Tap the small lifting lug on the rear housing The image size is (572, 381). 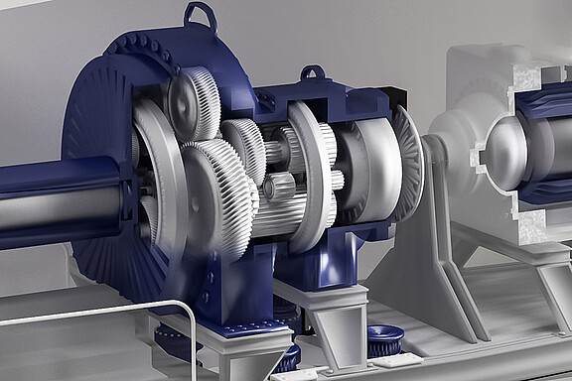coord(314,73)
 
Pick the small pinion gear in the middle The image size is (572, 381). coord(278,187)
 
